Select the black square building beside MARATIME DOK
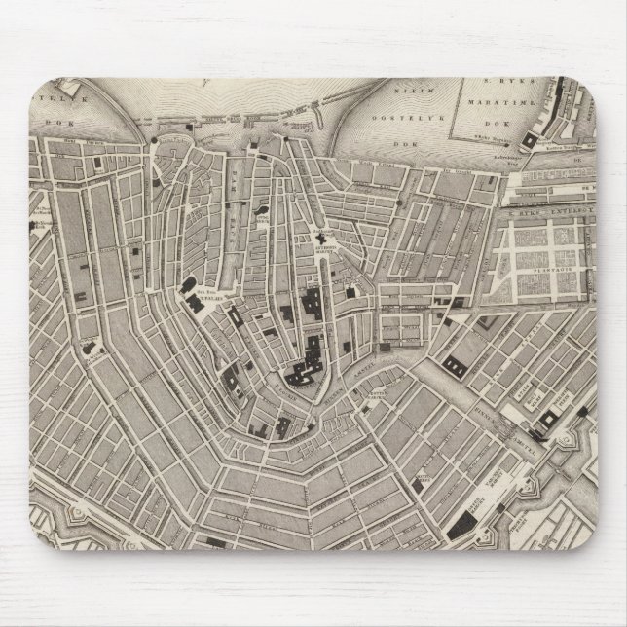coord(529,142)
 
